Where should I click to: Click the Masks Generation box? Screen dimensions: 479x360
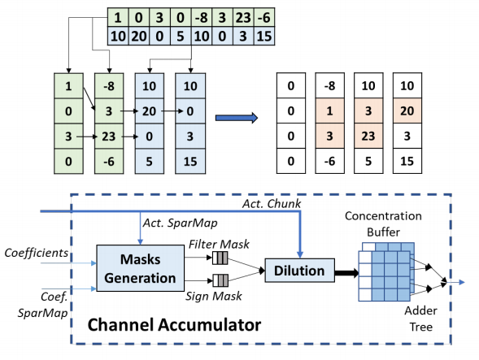point(140,268)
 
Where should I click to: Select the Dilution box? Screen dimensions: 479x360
point(299,271)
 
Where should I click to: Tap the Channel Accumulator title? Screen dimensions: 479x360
point(174,325)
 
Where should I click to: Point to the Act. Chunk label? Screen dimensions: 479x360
point(272,204)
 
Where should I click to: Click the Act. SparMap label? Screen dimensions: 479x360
point(181,223)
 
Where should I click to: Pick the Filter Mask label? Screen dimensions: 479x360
point(219,245)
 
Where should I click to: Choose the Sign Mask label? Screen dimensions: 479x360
point(214,296)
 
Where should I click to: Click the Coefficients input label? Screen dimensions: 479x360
point(37,253)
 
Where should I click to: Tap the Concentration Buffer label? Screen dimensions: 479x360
point(383,223)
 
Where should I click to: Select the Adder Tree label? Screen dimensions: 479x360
point(421,319)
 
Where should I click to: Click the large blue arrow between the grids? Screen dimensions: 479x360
point(237,118)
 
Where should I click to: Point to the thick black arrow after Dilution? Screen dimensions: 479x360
point(346,273)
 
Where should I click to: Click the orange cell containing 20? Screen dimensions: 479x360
point(407,111)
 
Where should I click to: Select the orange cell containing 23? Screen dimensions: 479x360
point(368,136)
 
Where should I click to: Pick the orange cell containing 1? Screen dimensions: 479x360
point(329,111)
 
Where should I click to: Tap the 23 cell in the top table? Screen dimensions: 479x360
point(243,18)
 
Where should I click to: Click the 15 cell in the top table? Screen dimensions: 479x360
point(264,37)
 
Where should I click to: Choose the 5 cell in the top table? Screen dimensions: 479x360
point(181,37)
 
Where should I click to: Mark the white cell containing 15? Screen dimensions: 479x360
point(407,161)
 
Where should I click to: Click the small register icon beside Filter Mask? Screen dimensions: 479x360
point(220,258)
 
